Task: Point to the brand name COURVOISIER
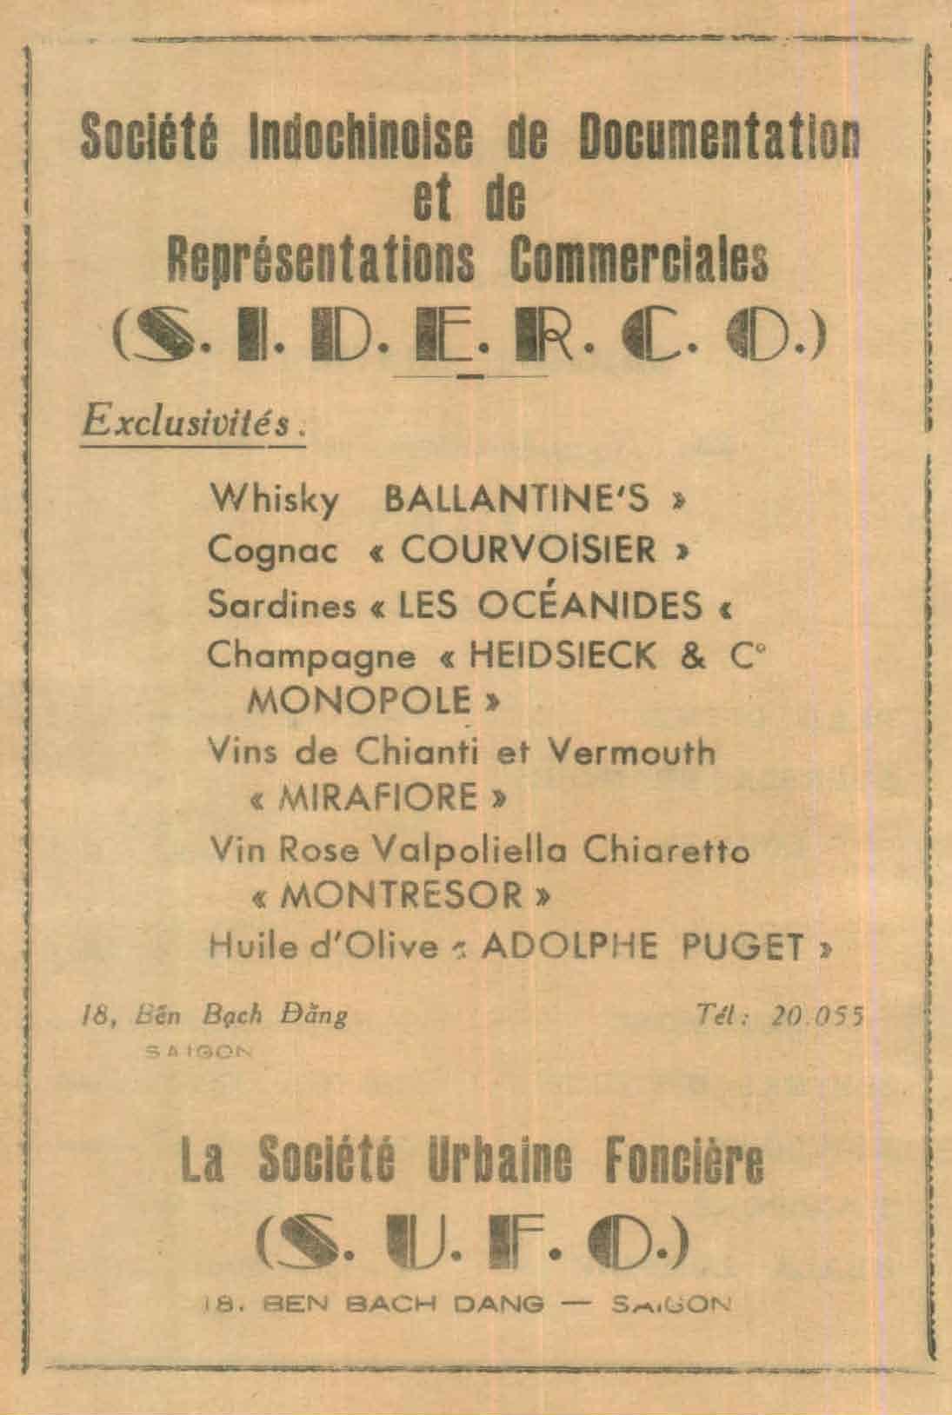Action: (529, 550)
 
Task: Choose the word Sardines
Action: (283, 605)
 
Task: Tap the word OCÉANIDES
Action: (592, 605)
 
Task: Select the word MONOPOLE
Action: (359, 700)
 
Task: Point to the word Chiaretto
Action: (667, 850)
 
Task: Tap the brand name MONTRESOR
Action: (403, 896)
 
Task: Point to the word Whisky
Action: (274, 501)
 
